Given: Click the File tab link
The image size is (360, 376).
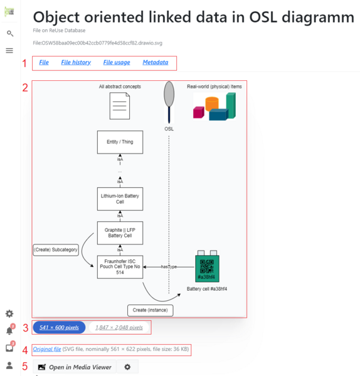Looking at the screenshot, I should tap(44, 63).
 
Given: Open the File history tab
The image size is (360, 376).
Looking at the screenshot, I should tap(76, 63).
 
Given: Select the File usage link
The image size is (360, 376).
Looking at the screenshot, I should tap(117, 63).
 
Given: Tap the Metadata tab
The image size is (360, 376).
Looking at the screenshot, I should tap(155, 63).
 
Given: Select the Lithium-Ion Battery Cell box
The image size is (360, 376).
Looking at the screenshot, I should tap(120, 199).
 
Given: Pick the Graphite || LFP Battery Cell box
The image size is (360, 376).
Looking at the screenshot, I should tap(120, 232).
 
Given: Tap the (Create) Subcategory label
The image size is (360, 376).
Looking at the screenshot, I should tap(55, 251).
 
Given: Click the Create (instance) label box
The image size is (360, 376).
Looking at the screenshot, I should tap(151, 310).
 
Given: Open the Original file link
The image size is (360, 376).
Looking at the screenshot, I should tap(47, 348).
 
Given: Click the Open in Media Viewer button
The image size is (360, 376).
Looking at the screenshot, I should tap(75, 367).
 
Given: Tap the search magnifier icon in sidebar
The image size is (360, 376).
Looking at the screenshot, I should tap(9, 33).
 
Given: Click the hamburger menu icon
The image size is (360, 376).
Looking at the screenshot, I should tap(9, 50).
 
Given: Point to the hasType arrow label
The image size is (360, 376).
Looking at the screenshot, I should tap(168, 267).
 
